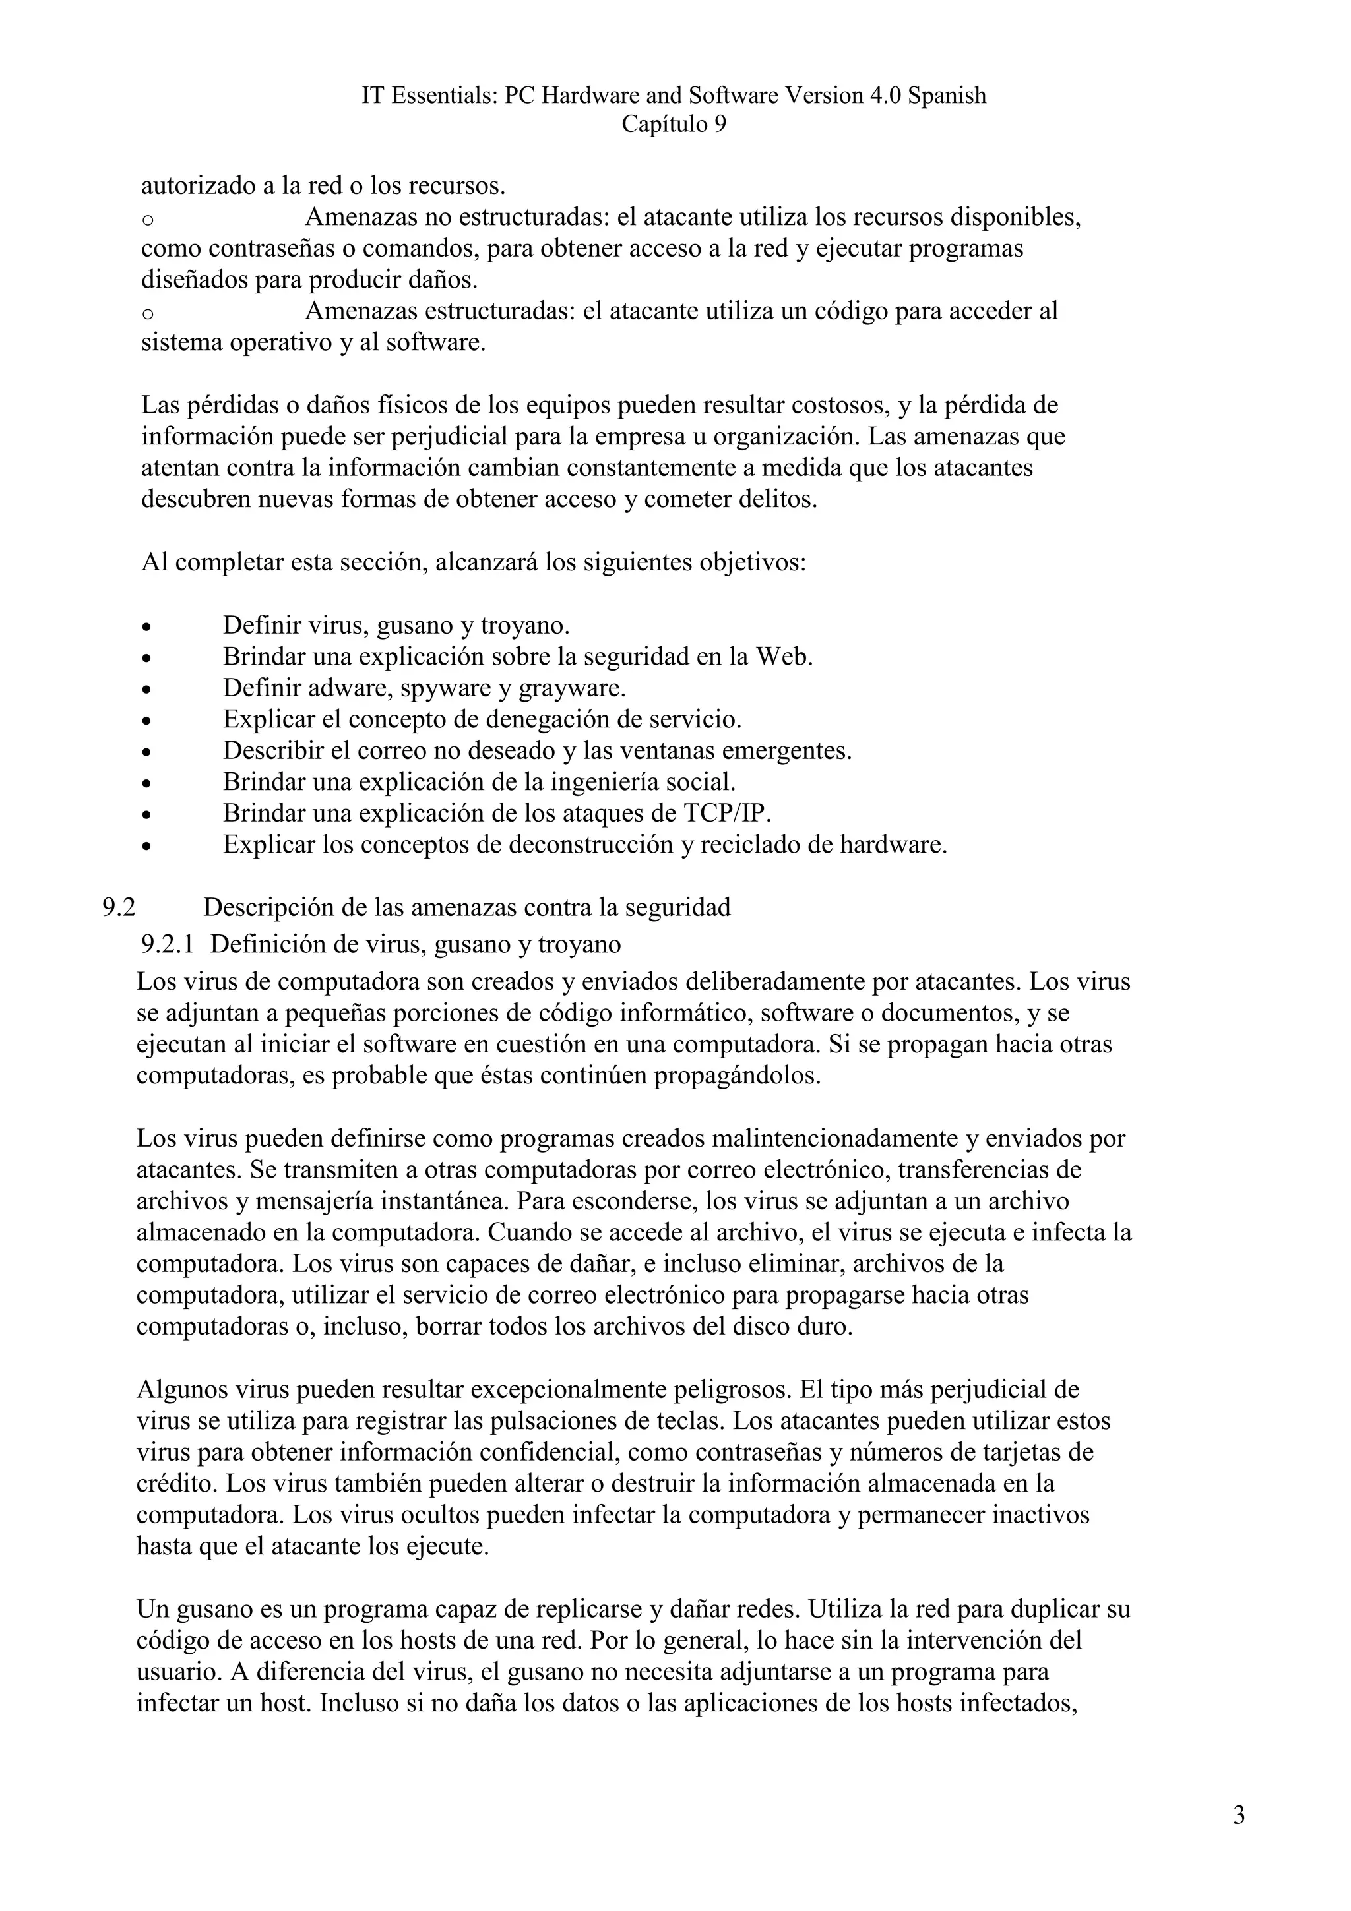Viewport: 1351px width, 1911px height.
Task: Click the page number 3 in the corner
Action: [1239, 1815]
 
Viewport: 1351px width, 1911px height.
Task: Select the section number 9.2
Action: [119, 907]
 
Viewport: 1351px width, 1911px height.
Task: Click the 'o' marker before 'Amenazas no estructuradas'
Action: [147, 220]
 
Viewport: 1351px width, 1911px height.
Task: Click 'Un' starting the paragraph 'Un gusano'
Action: [152, 1609]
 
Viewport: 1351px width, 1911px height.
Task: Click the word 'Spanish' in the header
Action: [947, 96]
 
